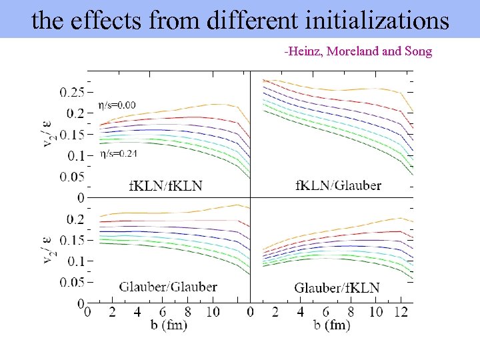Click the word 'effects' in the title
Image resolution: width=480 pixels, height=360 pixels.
click(x=106, y=21)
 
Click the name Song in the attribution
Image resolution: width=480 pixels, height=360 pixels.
click(x=418, y=51)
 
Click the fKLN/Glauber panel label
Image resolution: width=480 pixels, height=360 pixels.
click(x=338, y=185)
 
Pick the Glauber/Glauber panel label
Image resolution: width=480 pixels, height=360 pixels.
click(x=168, y=287)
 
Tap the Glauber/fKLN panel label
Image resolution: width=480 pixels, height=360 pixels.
click(x=337, y=287)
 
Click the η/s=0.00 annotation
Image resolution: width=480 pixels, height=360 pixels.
click(x=117, y=105)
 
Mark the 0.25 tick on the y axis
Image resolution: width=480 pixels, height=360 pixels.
click(x=72, y=91)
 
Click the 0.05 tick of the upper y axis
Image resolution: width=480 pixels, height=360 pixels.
click(x=72, y=177)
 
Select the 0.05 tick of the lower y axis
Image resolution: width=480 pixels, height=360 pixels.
click(x=72, y=282)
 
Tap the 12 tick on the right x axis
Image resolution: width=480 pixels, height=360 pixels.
click(x=401, y=312)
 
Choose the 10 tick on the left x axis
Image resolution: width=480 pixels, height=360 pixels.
click(x=213, y=312)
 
